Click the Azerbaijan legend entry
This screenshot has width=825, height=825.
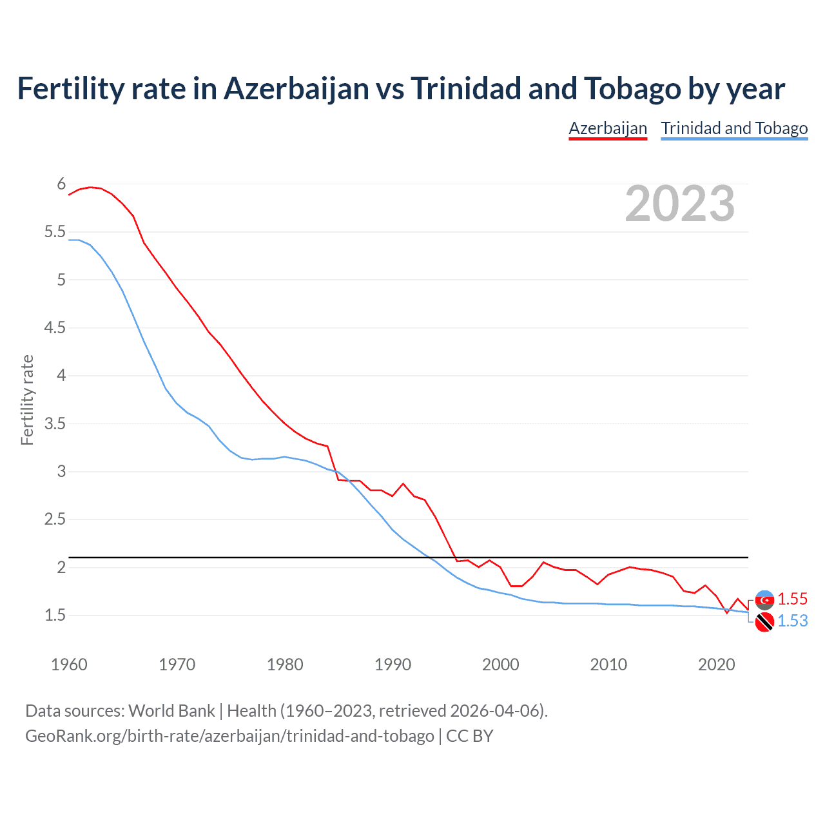coord(607,128)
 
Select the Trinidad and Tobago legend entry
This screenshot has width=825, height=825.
coord(734,128)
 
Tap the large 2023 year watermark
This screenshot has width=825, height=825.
coord(679,204)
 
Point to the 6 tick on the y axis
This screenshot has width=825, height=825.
coord(61,184)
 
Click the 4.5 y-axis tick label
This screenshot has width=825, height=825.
coord(55,328)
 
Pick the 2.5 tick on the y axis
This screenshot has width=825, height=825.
coord(55,519)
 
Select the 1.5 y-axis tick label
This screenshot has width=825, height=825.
coord(55,616)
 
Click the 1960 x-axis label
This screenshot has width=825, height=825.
coord(69,665)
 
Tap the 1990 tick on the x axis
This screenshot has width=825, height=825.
coord(393,665)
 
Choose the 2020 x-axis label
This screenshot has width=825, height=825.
coord(716,665)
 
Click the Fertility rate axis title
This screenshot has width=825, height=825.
coord(27,400)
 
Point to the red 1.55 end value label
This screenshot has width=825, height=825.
coord(792,599)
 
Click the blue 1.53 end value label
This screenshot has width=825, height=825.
coord(792,621)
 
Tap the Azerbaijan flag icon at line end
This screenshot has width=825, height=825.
coord(764,599)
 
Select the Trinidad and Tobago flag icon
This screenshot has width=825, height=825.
coord(764,622)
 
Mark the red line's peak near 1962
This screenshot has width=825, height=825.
coord(90,187)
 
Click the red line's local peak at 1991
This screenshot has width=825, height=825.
coord(403,483)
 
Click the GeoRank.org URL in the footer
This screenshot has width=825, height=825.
coord(229,735)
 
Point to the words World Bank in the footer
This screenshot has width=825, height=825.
coord(171,710)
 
